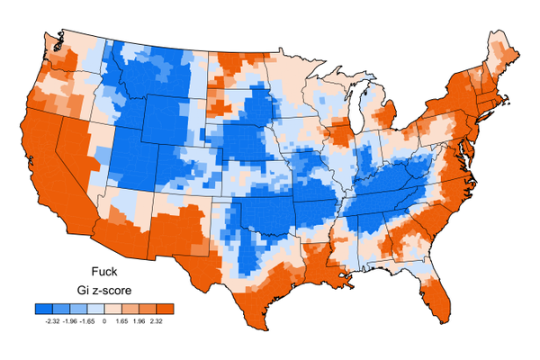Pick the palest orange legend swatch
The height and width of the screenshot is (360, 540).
114,309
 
